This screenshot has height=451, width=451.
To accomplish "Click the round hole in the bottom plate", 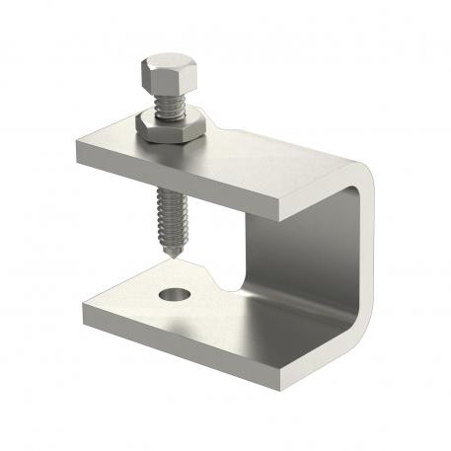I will [x=176, y=293].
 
